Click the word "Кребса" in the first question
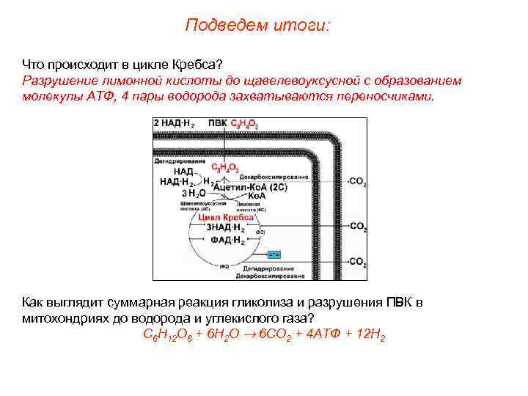pos(197,65)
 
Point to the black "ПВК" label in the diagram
pos(218,124)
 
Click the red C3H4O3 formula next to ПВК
pos(244,124)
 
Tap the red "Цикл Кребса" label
pos(227,217)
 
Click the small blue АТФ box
pos(274,254)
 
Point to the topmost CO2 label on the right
pos(358,181)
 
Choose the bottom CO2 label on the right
pos(358,261)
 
